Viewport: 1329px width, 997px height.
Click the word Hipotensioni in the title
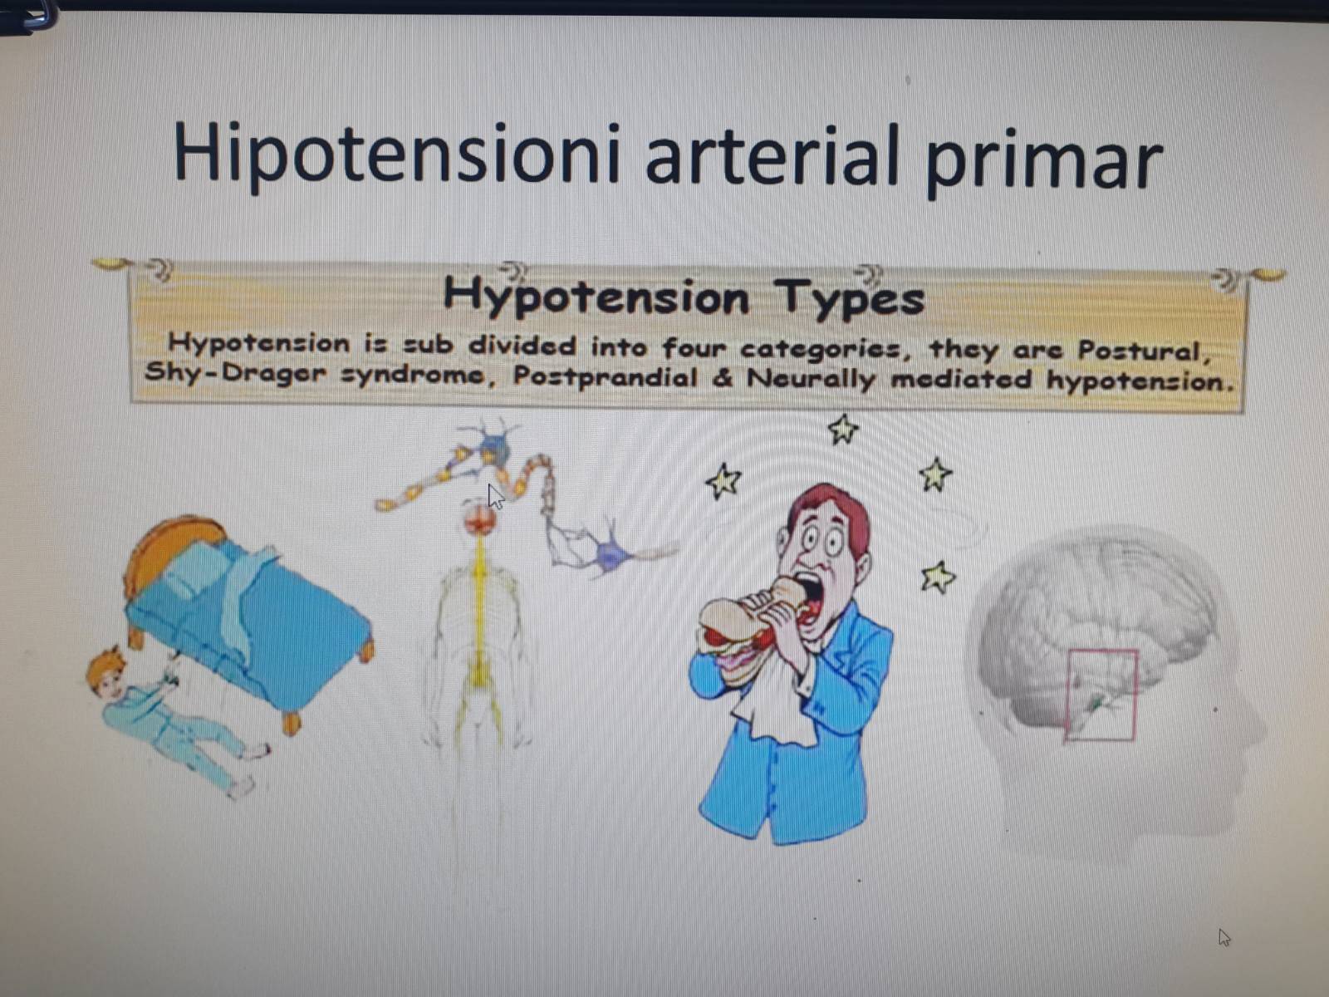point(396,155)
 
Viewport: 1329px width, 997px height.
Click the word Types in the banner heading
point(850,297)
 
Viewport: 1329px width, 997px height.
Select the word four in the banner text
point(694,348)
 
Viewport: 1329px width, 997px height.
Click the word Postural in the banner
point(1145,352)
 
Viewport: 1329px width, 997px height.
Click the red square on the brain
point(1101,695)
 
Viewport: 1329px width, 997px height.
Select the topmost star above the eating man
point(843,430)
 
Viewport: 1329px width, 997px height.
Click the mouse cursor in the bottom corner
point(1224,938)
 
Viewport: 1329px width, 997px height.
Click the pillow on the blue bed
point(193,569)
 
